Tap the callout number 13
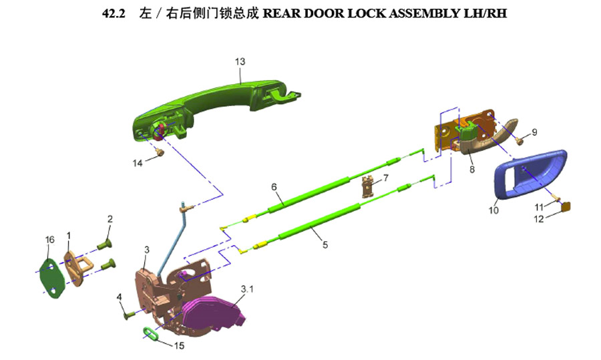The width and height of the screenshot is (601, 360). coord(240,61)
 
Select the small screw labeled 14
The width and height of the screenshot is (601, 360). coord(160,152)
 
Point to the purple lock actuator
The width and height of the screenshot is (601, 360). coord(211,313)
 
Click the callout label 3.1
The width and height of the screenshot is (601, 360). coord(247,289)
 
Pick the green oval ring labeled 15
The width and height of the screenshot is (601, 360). coord(151,333)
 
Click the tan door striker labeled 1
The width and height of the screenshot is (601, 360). coord(78,268)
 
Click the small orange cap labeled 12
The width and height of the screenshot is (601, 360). coord(566,207)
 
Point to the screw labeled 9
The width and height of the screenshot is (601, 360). coord(520,141)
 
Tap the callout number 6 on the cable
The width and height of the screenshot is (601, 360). coord(274,187)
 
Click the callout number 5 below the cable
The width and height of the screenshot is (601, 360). coord(325,244)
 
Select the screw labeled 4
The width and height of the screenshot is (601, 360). coord(129,315)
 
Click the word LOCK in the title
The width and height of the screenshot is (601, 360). coord(367,13)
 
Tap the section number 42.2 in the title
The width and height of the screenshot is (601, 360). coord(114,13)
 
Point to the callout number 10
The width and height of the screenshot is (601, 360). coord(493,210)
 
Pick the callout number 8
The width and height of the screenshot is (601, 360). coord(472,170)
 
